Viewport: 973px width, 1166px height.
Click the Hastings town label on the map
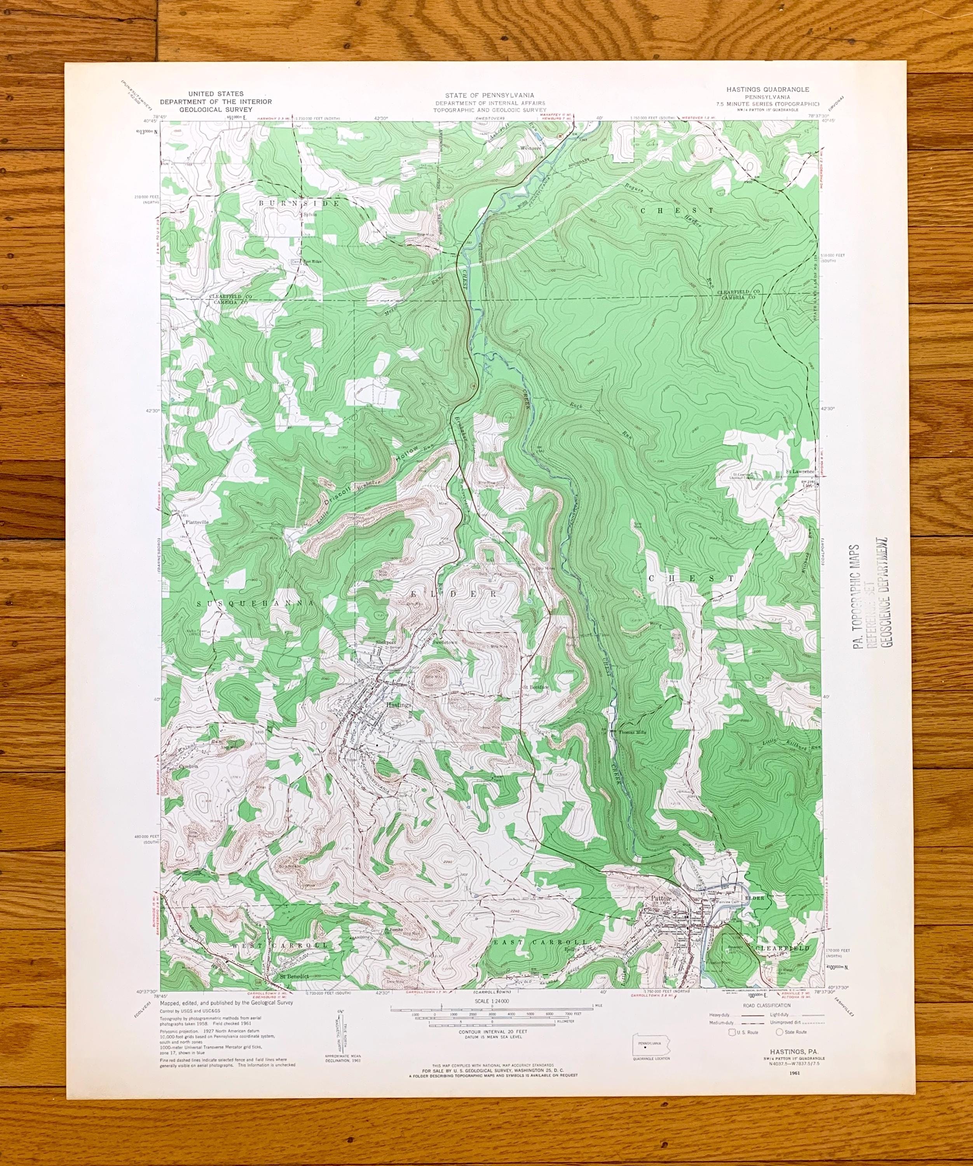[x=398, y=705]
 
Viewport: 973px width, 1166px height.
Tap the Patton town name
[x=661, y=898]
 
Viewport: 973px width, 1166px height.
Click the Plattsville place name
[x=197, y=522]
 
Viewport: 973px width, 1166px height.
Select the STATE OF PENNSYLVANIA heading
[x=489, y=96]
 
